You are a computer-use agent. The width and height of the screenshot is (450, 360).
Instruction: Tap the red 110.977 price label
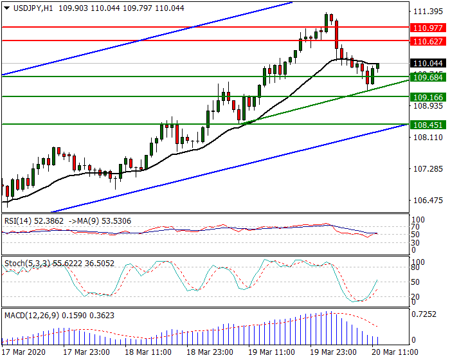(x=428, y=28)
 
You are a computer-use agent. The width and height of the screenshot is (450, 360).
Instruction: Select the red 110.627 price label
(x=428, y=41)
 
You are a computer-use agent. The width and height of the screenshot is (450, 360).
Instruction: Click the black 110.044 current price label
(x=428, y=64)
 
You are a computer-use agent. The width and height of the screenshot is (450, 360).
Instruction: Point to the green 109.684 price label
(x=428, y=77)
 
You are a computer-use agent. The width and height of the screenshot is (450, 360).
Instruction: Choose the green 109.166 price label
(x=428, y=96)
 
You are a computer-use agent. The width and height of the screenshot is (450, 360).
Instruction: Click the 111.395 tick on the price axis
(x=427, y=12)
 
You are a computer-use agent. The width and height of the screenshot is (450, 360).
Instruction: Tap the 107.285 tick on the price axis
(x=427, y=169)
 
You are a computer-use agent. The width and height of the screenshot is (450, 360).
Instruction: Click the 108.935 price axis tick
(x=427, y=106)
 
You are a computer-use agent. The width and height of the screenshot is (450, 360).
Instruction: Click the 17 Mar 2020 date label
(x=24, y=352)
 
